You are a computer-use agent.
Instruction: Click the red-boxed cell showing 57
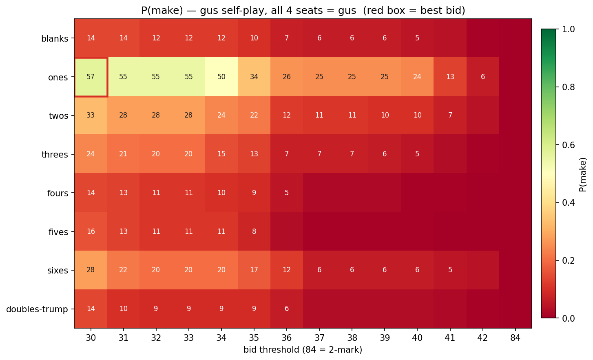point(91,77)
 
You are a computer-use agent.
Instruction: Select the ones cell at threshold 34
point(221,77)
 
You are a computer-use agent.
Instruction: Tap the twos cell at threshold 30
point(91,115)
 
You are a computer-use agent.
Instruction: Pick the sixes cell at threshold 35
point(254,270)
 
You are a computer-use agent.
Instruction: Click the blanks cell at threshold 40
point(417,38)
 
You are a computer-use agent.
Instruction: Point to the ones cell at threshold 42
point(483,77)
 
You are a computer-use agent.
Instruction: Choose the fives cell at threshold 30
point(91,231)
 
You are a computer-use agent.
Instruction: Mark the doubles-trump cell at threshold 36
point(287,309)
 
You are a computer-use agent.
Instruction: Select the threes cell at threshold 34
point(221,154)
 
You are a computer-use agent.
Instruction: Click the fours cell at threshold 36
point(287,193)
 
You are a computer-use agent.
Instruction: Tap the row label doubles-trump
point(37,309)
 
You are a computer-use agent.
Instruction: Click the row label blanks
point(55,39)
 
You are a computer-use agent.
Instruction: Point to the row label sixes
point(58,270)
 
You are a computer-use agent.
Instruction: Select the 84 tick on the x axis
point(516,338)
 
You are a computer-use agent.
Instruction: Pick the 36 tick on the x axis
point(287,338)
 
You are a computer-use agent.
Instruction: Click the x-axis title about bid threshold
point(303,350)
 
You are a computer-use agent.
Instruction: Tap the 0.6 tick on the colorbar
point(570,145)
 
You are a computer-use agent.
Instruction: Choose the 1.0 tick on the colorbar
point(570,29)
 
